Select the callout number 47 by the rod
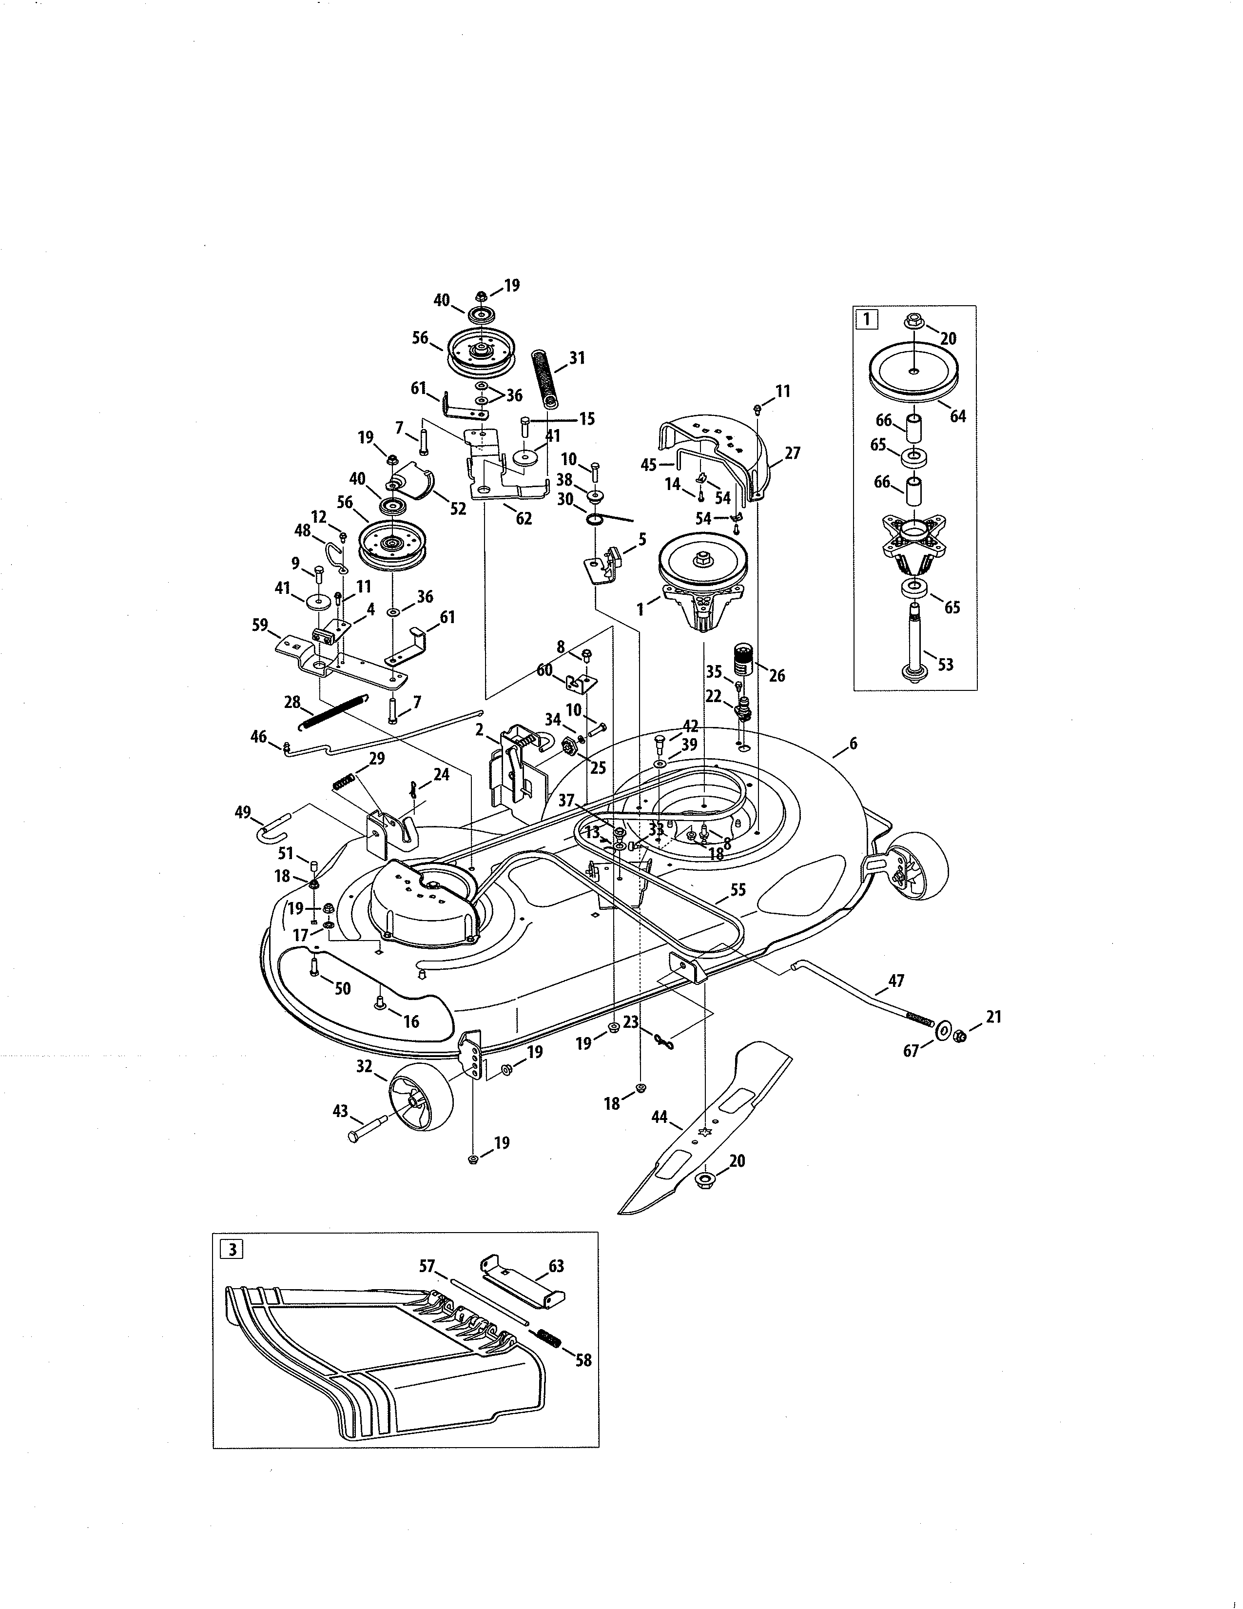tap(896, 981)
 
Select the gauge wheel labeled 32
tap(416, 1102)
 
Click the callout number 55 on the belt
tap(738, 889)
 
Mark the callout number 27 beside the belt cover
tap(792, 453)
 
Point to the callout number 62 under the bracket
tap(524, 518)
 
